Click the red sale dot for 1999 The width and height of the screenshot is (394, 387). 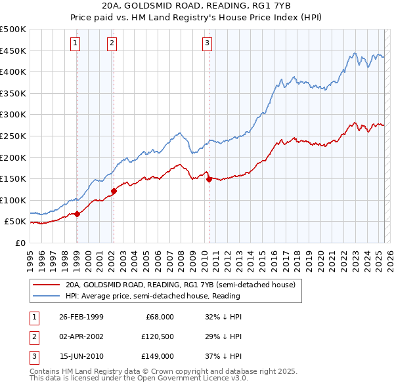coord(77,213)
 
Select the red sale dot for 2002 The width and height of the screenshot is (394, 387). coord(114,192)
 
